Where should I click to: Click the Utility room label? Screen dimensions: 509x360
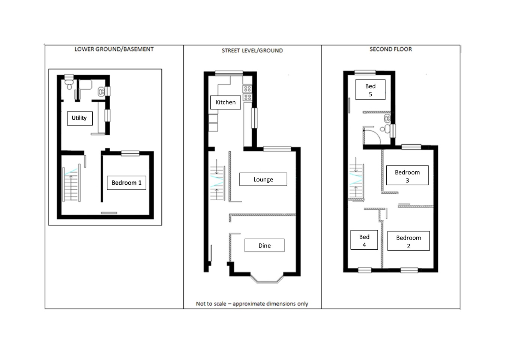click(80, 118)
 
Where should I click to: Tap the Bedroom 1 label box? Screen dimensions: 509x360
click(126, 183)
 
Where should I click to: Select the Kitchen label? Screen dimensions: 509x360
click(225, 102)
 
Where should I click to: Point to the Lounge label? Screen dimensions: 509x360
click(263, 179)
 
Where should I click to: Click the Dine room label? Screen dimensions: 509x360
click(264, 245)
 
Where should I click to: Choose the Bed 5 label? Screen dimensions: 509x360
click(370, 90)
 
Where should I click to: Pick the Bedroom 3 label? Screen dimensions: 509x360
click(407, 175)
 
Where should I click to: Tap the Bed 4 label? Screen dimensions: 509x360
click(364, 240)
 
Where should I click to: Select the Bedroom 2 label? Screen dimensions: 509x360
click(408, 241)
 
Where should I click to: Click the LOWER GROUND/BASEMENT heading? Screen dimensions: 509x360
click(114, 49)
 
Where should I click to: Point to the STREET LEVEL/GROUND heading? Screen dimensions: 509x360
click(252, 50)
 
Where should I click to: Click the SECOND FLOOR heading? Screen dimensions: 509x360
click(390, 49)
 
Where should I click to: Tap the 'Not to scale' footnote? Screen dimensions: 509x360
click(252, 304)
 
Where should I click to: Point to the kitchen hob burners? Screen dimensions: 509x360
click(248, 93)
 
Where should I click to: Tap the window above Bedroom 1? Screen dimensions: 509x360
click(130, 153)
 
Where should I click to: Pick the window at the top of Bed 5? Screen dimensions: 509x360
click(365, 73)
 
